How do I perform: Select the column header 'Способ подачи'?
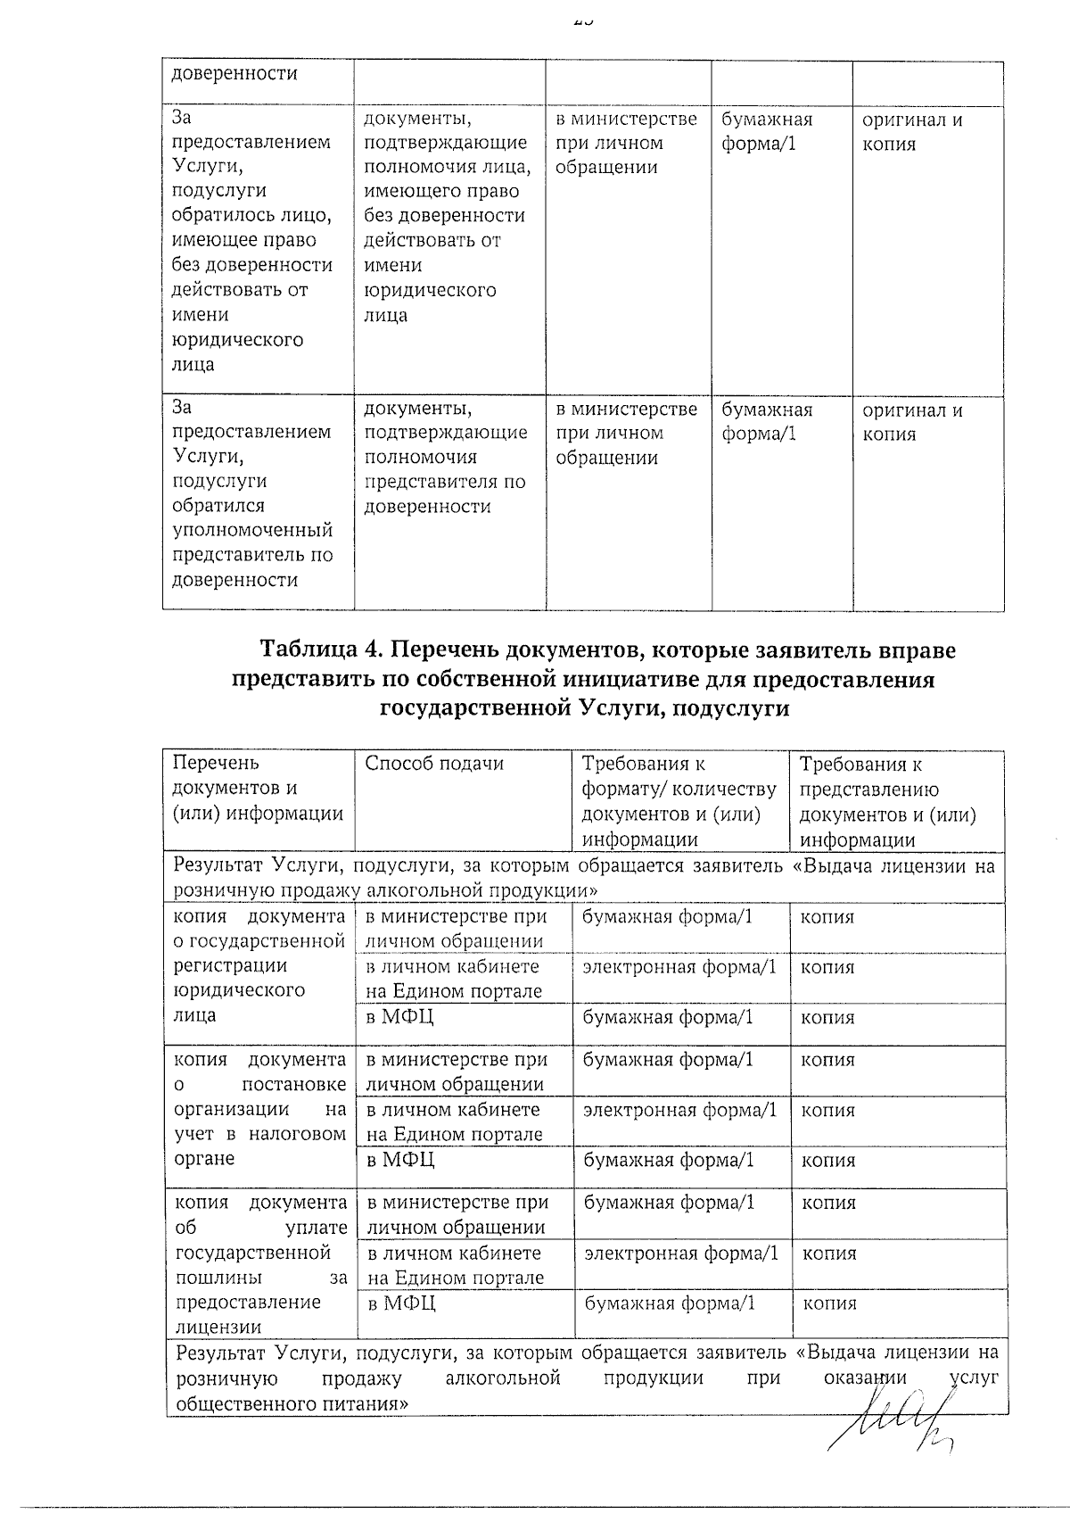pyautogui.click(x=434, y=764)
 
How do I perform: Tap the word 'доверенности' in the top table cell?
pyautogui.click(x=235, y=74)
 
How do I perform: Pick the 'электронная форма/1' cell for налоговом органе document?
pyautogui.click(x=679, y=1110)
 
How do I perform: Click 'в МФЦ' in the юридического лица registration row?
pyautogui.click(x=399, y=1017)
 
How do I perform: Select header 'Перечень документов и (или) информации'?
pyautogui.click(x=258, y=789)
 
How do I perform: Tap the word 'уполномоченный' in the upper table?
pyautogui.click(x=252, y=531)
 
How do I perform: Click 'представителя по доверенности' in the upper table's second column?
pyautogui.click(x=445, y=494)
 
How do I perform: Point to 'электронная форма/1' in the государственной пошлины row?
pyautogui.click(x=681, y=1253)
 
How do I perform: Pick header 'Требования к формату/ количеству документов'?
pyautogui.click(x=679, y=801)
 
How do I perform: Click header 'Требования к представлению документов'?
pyautogui.click(x=887, y=801)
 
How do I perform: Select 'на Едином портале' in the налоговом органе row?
pyautogui.click(x=454, y=1135)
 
